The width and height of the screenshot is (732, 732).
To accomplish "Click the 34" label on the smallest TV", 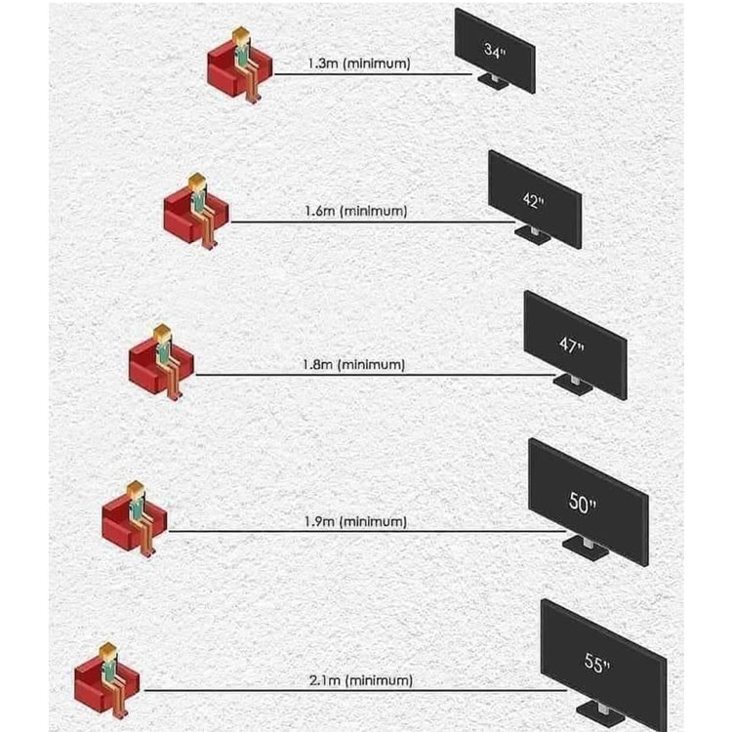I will click(x=494, y=51).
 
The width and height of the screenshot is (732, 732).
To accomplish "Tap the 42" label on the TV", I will click(x=532, y=200).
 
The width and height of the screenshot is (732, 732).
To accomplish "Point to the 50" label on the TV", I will click(x=583, y=504).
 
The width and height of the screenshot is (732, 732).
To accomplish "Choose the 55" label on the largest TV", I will click(x=596, y=665).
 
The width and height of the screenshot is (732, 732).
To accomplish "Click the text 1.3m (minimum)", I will click(x=358, y=63).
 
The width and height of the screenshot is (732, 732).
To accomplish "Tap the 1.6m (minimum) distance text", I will click(x=355, y=211).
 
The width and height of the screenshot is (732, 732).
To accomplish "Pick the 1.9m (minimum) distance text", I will click(x=355, y=521).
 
